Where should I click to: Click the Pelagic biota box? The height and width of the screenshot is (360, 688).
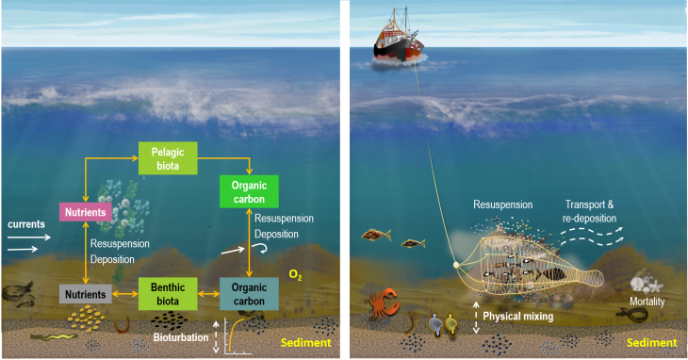pyautogui.click(x=168, y=158)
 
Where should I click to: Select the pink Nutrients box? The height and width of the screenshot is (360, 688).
pyautogui.click(x=86, y=212)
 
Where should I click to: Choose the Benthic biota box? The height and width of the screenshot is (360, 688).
pyautogui.click(x=168, y=292)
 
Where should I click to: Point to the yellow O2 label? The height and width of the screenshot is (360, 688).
pyautogui.click(x=295, y=275)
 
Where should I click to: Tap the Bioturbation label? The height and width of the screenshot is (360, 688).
pyautogui.click(x=181, y=335)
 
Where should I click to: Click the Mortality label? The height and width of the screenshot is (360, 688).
pyautogui.click(x=648, y=302)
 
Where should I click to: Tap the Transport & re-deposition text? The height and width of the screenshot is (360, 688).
pyautogui.click(x=591, y=210)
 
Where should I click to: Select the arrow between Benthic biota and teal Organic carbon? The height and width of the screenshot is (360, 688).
pyautogui.click(x=208, y=294)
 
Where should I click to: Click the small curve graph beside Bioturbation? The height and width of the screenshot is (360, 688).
pyautogui.click(x=237, y=335)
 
